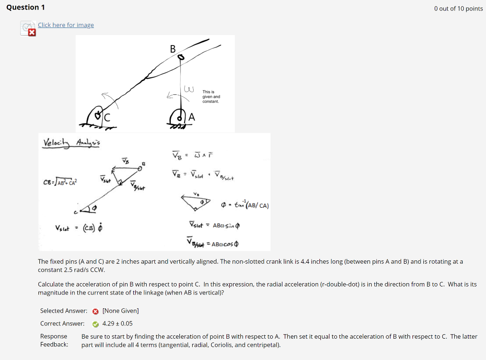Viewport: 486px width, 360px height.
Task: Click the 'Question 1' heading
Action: (x=23, y=8)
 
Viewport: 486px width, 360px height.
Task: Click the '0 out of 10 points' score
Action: (x=458, y=9)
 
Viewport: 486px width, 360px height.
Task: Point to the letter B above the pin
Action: (x=172, y=48)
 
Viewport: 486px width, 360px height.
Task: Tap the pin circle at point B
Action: (x=180, y=57)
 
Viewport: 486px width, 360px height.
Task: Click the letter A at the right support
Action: (x=191, y=117)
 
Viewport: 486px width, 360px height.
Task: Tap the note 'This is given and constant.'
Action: (x=211, y=97)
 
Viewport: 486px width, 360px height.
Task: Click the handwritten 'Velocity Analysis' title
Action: (x=72, y=143)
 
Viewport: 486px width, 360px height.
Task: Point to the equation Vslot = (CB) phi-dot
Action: (x=80, y=228)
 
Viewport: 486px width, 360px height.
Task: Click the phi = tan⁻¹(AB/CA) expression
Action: (x=245, y=205)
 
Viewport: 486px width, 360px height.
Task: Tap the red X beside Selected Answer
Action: (x=95, y=311)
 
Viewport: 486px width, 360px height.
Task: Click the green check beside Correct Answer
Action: (x=95, y=324)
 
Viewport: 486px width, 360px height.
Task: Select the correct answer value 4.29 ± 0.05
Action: (x=117, y=324)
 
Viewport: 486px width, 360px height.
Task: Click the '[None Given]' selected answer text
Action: (x=121, y=311)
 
